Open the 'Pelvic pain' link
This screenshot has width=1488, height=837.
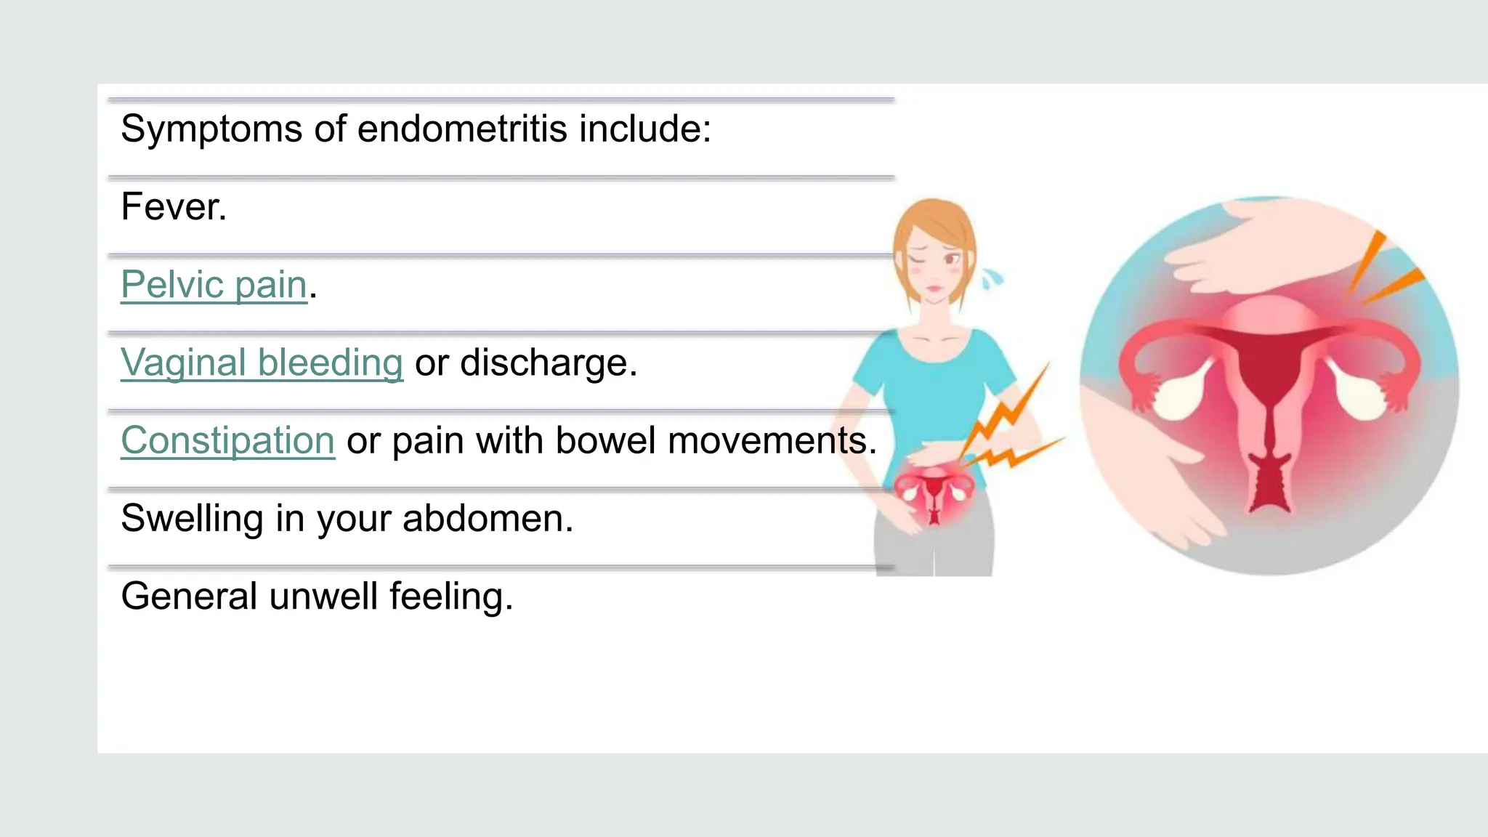click(214, 285)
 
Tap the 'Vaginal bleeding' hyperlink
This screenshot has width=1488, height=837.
click(262, 363)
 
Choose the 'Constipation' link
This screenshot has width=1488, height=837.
click(227, 440)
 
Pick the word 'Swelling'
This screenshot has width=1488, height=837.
click(192, 519)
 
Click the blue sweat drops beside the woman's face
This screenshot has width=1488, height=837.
click(992, 278)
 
